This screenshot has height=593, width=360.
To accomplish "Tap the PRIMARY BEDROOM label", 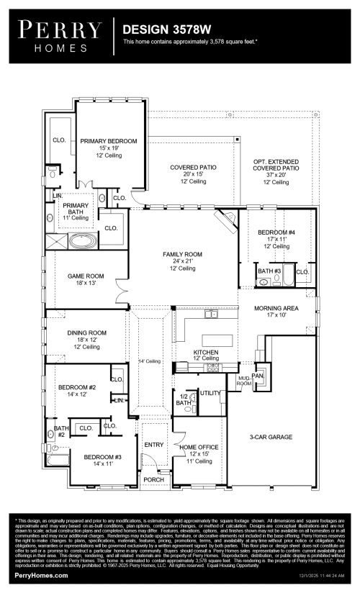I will click(x=108, y=141).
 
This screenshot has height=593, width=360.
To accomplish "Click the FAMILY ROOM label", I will click(x=182, y=255).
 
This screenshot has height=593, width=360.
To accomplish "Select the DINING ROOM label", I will click(x=87, y=332).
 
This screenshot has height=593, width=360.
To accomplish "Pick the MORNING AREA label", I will click(x=276, y=308).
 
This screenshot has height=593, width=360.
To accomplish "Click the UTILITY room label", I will click(x=210, y=393).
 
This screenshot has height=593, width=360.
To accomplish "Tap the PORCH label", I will click(x=153, y=479).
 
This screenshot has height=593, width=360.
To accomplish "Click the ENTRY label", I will click(x=154, y=444).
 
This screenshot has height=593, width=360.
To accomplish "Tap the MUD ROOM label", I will click(x=244, y=381).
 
